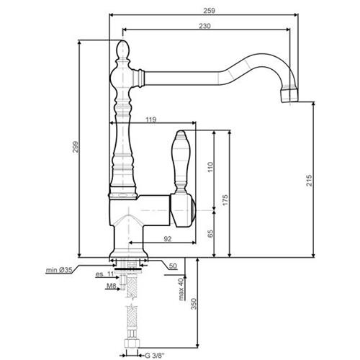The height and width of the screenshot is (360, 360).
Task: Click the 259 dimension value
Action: click(x=210, y=11)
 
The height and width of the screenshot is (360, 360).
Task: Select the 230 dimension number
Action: click(x=204, y=26)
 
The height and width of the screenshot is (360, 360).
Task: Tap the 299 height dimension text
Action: click(x=76, y=147)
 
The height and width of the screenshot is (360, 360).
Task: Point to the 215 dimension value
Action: click(x=310, y=181)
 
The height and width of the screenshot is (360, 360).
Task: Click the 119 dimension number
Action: click(x=151, y=120)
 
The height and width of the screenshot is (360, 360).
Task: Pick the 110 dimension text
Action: click(x=210, y=167)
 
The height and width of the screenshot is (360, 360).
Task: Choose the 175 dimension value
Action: click(x=225, y=200)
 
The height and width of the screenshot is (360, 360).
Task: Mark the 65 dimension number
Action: click(x=210, y=233)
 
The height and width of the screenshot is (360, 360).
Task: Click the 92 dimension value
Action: click(x=168, y=239)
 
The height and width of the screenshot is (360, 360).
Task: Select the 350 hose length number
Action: click(x=194, y=304)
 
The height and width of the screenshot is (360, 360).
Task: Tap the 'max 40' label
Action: click(x=181, y=289)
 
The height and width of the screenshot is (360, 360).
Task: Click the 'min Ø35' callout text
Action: click(x=59, y=270)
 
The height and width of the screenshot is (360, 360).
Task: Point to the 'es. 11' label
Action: click(x=104, y=274)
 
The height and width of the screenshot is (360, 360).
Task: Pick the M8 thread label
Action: click(x=112, y=286)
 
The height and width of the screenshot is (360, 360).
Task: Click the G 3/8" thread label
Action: click(x=155, y=355)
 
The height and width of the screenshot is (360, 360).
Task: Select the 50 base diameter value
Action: click(x=173, y=266)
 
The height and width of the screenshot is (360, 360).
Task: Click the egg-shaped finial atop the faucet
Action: click(x=123, y=50)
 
